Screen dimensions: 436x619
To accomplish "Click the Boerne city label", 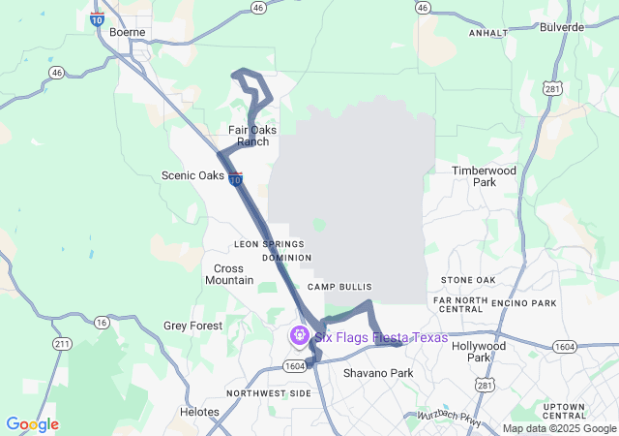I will [127, 31].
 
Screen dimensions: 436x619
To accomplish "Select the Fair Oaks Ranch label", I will [249, 136].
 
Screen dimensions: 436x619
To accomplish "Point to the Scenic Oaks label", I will [193, 176].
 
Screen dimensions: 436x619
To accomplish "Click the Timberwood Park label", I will [485, 176].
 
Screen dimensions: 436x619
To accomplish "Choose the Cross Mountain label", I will [228, 274].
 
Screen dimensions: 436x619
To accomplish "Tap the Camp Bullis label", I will [334, 288].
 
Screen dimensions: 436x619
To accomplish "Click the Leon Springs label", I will [269, 244].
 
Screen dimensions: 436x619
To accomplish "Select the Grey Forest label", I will [192, 327].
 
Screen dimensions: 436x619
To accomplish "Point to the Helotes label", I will [199, 412].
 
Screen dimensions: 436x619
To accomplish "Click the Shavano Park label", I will [378, 373].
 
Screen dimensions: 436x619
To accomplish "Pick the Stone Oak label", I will [468, 280].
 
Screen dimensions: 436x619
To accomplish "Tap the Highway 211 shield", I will [63, 344].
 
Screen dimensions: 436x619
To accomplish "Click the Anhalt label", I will [488, 32].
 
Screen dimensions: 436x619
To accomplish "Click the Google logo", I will [32, 424].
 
